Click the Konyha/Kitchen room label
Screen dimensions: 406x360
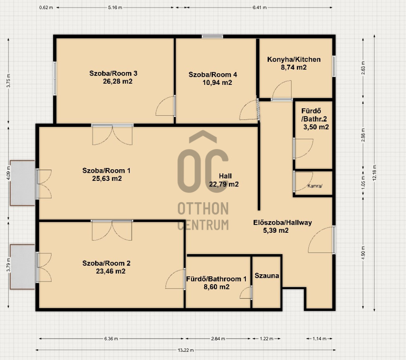(294, 59)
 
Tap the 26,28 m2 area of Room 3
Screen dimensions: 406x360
(117, 81)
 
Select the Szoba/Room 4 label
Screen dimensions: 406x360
(213, 75)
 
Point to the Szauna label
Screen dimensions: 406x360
(267, 276)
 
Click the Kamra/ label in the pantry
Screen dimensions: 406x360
(315, 186)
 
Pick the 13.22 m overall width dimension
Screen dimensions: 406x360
(186, 350)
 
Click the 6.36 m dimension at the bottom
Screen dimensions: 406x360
(111, 339)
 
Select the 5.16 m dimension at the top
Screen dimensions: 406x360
(115, 8)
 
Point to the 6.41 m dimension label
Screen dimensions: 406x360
(259, 8)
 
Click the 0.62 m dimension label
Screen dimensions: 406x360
(46, 8)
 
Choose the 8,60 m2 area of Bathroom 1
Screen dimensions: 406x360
(216, 287)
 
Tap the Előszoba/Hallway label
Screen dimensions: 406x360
(282, 222)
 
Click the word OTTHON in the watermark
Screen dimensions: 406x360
(203, 209)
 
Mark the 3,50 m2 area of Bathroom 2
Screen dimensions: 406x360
(316, 127)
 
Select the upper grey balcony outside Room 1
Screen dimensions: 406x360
(23, 183)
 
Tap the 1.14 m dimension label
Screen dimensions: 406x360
(319, 339)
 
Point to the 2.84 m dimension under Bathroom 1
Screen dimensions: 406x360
(218, 339)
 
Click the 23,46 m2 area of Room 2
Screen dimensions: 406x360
(111, 271)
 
